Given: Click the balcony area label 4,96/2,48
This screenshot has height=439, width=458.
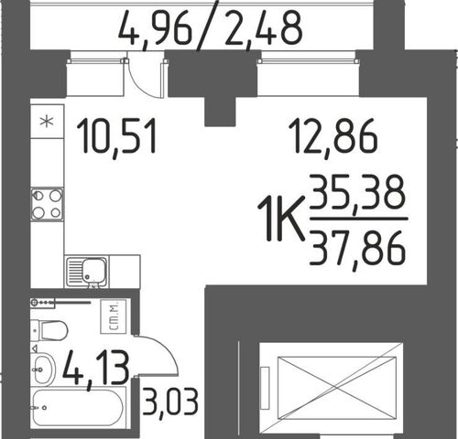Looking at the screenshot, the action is click(210, 28).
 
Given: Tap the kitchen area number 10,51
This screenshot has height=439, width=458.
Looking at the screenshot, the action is click(116, 137).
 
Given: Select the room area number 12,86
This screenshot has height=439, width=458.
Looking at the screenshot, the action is click(333, 137).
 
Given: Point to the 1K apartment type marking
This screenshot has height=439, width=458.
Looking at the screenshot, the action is click(281, 218).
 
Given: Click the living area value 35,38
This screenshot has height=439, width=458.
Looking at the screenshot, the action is click(357, 195).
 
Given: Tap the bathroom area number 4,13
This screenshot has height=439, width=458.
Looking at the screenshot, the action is click(96, 369).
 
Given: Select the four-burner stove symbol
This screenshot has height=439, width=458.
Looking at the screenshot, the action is click(47, 204).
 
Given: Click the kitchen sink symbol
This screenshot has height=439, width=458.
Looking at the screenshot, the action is click(87, 273).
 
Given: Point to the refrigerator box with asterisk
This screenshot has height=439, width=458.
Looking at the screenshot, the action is click(47, 122).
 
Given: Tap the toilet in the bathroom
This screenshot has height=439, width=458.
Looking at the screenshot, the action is click(49, 330).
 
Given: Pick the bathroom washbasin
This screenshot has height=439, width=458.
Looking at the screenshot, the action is click(43, 369).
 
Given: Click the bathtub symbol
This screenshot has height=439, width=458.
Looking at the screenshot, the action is click(78, 408).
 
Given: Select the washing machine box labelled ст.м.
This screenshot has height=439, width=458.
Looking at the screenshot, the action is click(114, 316).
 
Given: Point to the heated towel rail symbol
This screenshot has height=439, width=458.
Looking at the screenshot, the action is click(60, 303).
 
